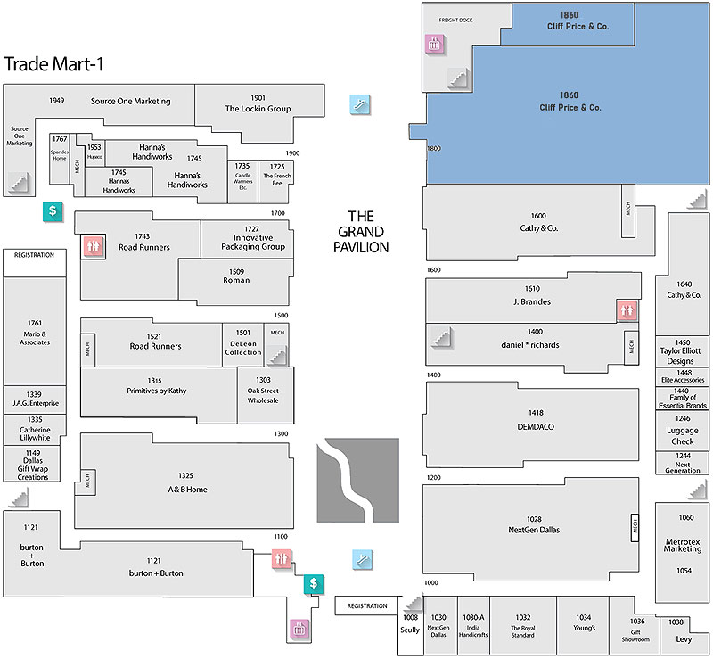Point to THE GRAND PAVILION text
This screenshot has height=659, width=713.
[367, 232]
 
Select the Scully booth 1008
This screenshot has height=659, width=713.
[410, 624]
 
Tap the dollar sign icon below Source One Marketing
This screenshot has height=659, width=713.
[53, 211]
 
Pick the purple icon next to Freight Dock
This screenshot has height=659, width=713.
[434, 44]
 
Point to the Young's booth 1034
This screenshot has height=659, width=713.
[583, 622]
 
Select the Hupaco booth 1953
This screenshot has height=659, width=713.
[94, 152]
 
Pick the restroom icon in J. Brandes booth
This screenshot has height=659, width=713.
[629, 311]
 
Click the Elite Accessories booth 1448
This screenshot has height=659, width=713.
[683, 376]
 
